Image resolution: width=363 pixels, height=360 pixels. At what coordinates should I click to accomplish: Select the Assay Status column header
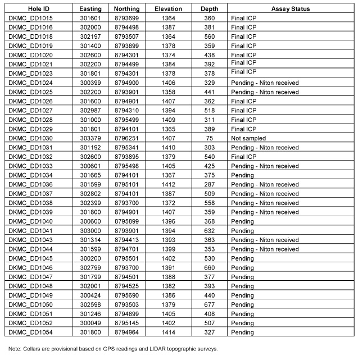[x=290, y=9]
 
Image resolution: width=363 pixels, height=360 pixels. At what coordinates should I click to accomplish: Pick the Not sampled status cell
[x=248, y=138]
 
